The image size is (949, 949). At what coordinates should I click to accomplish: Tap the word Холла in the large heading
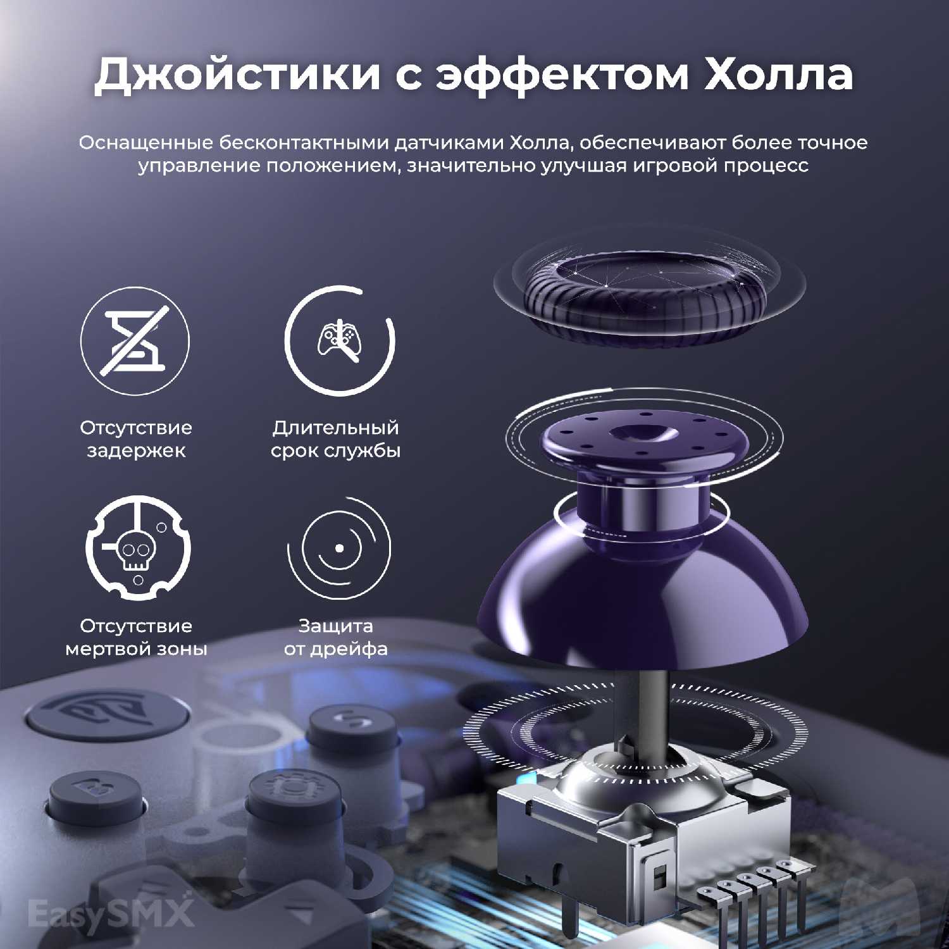point(779,74)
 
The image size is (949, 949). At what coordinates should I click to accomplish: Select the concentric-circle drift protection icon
point(339,548)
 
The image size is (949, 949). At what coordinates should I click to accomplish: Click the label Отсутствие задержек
point(136,439)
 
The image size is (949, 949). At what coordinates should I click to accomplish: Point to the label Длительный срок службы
point(336,439)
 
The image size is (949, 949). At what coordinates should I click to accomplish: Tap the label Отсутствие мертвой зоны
point(136,637)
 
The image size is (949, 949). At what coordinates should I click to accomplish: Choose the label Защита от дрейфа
point(336,637)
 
